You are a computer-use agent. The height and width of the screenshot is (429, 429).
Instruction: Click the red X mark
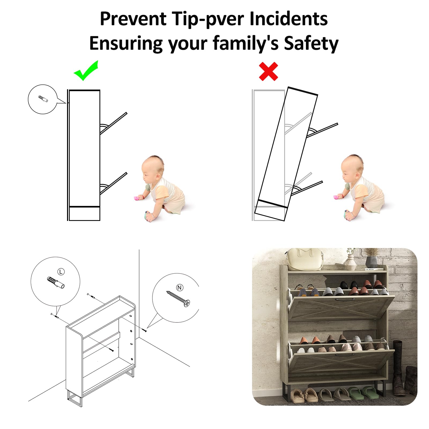(268, 71)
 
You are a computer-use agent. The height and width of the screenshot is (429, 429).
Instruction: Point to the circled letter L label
(61, 272)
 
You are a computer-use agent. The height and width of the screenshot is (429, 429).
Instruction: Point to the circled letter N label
(179, 288)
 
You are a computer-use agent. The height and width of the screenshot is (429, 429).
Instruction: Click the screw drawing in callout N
(178, 299)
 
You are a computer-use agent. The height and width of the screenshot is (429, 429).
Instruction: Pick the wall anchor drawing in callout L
(56, 282)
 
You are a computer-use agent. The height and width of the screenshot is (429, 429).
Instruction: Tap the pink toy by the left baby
(138, 198)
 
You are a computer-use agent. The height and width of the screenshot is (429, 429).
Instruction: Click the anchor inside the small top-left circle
(43, 99)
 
